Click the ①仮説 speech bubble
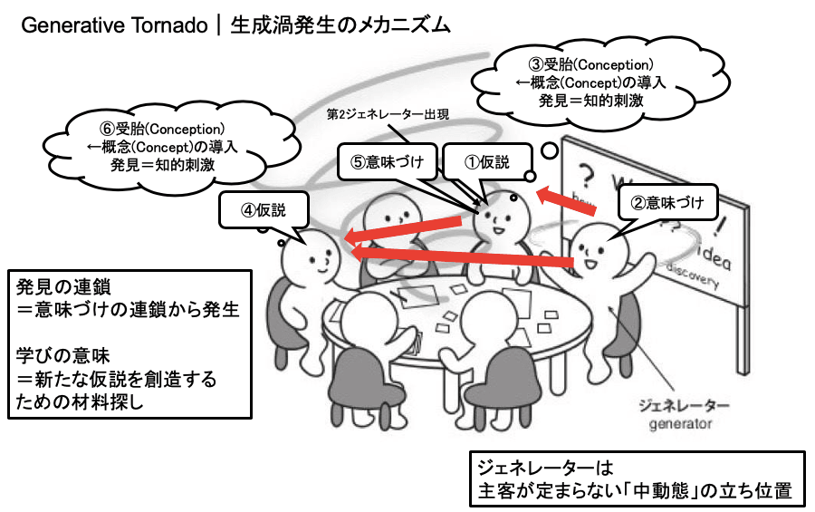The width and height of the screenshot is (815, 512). tap(488, 163)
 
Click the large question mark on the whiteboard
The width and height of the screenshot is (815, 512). tap(587, 174)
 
